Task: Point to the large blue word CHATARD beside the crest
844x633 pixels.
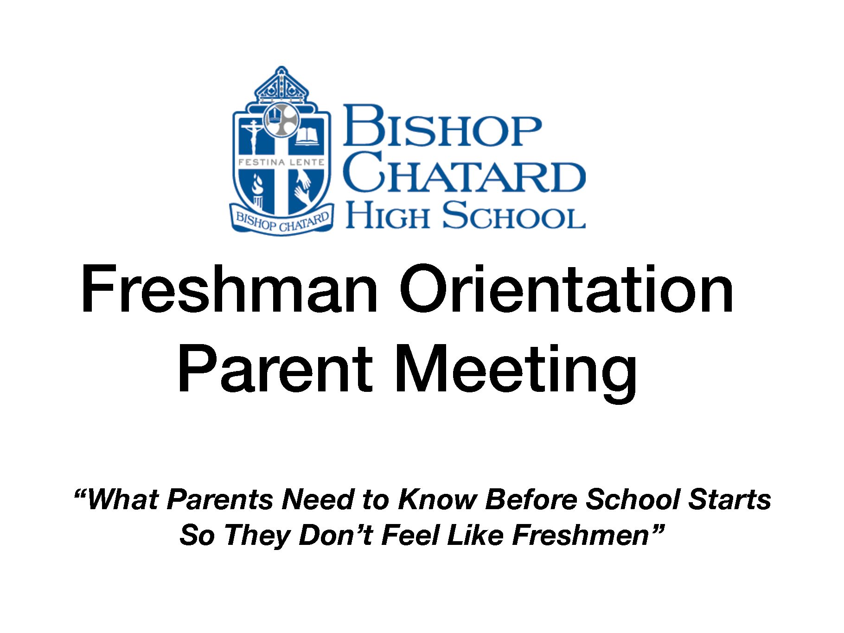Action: [466, 172]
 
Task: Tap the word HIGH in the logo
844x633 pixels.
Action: [387, 215]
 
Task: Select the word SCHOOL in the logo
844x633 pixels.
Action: [513, 215]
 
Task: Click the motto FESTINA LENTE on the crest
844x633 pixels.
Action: [281, 162]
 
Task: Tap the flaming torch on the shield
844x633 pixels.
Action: [256, 190]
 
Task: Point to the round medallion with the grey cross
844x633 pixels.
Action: [281, 120]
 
